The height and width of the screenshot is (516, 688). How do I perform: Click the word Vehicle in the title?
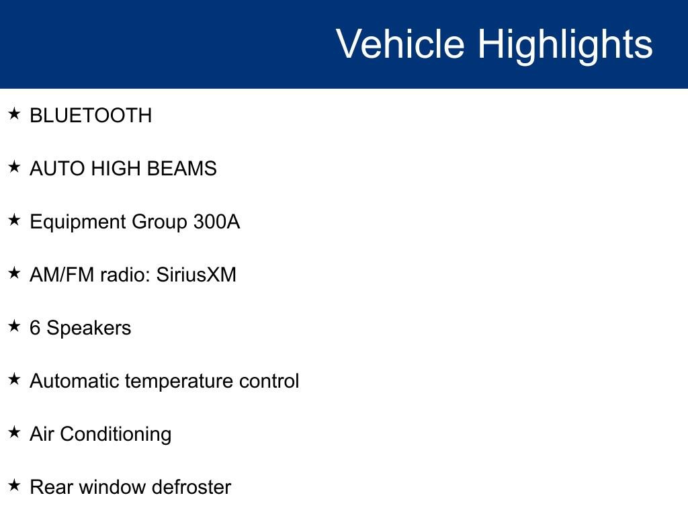(400, 44)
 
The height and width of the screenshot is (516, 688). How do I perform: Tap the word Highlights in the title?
(565, 44)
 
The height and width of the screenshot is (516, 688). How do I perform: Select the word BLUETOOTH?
(91, 116)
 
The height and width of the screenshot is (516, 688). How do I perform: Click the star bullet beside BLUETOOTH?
(15, 114)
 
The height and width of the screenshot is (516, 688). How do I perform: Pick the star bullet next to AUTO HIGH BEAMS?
(15, 167)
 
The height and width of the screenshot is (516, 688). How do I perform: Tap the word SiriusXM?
(196, 275)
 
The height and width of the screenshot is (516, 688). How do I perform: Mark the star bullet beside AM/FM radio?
(15, 273)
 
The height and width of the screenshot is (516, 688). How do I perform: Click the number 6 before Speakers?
(35, 328)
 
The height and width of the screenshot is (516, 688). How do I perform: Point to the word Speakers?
(89, 329)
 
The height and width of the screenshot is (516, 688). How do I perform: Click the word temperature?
(179, 382)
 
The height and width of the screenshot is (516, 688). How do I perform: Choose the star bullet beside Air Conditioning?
(15, 433)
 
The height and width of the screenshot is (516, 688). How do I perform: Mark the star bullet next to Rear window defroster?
(15, 486)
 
